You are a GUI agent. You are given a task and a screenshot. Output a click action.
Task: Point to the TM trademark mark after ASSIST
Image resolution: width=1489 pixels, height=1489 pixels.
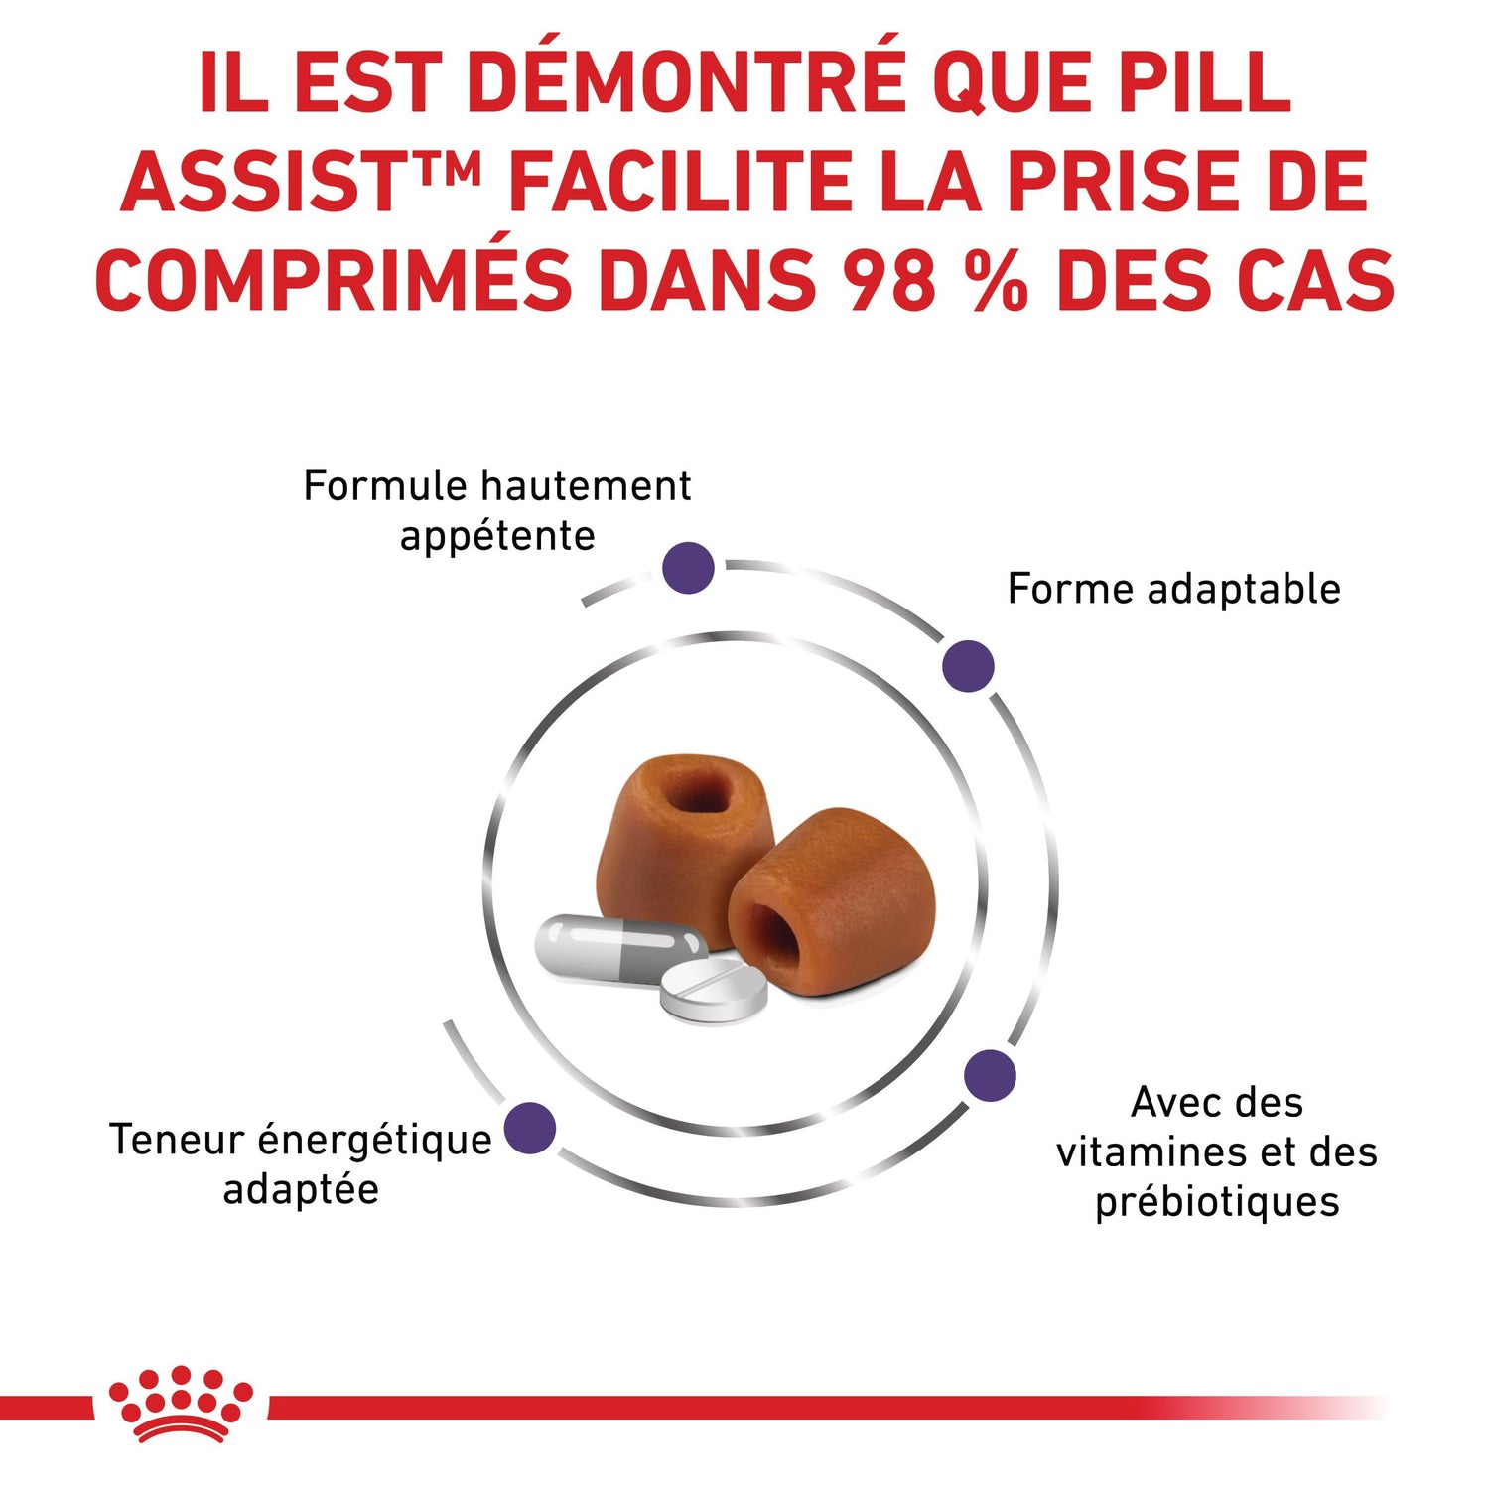coord(449,165)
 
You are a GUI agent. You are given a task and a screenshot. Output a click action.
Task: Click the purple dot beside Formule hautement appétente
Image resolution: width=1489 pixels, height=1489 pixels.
coord(688,568)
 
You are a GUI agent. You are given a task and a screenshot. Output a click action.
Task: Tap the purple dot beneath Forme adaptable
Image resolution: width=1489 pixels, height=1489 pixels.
coord(968,666)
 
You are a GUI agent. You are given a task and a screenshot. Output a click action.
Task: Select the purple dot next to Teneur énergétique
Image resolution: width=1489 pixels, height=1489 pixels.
coord(530,1128)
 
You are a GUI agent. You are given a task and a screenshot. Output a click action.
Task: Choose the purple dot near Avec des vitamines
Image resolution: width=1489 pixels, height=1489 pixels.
coord(991,1075)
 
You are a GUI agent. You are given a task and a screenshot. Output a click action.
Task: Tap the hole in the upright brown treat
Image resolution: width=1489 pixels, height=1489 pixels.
coord(695,790)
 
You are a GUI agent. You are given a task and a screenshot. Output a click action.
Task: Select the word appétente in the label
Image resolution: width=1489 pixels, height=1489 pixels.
coord(497,538)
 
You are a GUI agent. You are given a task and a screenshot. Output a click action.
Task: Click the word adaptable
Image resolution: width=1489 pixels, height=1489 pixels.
coord(1244,589)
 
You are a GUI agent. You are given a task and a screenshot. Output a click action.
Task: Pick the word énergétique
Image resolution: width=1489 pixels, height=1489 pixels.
coord(375,1141)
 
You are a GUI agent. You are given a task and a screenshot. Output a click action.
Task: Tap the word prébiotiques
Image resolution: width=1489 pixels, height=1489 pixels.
coord(1217,1202)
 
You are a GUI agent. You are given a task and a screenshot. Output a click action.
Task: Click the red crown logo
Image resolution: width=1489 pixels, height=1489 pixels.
coord(181,1403)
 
